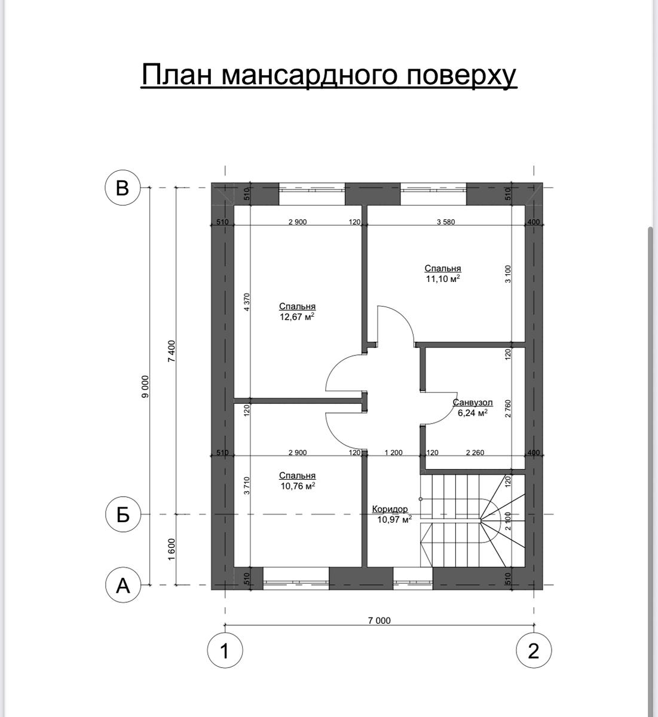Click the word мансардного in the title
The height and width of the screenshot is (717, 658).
[x=310, y=75]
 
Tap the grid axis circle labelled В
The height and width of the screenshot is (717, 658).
[x=123, y=188]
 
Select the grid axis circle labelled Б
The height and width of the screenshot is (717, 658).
[x=123, y=514]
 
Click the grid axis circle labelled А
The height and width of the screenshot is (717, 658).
[x=123, y=585]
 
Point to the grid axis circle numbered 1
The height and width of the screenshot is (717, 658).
[x=225, y=651]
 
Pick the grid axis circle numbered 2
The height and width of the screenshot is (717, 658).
[x=534, y=651]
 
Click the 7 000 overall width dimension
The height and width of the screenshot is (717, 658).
[x=380, y=620]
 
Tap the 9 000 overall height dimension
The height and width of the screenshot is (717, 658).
[x=145, y=387]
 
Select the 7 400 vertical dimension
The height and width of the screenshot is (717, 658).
[x=172, y=351]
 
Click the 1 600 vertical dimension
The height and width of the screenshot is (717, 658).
[x=172, y=549]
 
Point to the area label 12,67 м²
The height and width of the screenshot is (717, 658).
[x=297, y=317]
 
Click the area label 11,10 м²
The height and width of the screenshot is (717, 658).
[x=443, y=278]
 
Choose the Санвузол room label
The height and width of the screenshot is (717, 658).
[x=473, y=403]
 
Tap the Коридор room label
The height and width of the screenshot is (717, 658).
[x=390, y=509]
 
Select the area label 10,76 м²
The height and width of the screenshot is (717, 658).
[x=298, y=486]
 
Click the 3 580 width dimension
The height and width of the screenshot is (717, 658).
[x=446, y=222]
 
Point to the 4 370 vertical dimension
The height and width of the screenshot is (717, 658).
[x=247, y=302]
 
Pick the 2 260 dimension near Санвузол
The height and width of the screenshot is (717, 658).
[x=475, y=452]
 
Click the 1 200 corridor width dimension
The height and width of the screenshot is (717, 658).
[x=393, y=452]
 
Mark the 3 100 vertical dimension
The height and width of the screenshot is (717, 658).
[x=508, y=274]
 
